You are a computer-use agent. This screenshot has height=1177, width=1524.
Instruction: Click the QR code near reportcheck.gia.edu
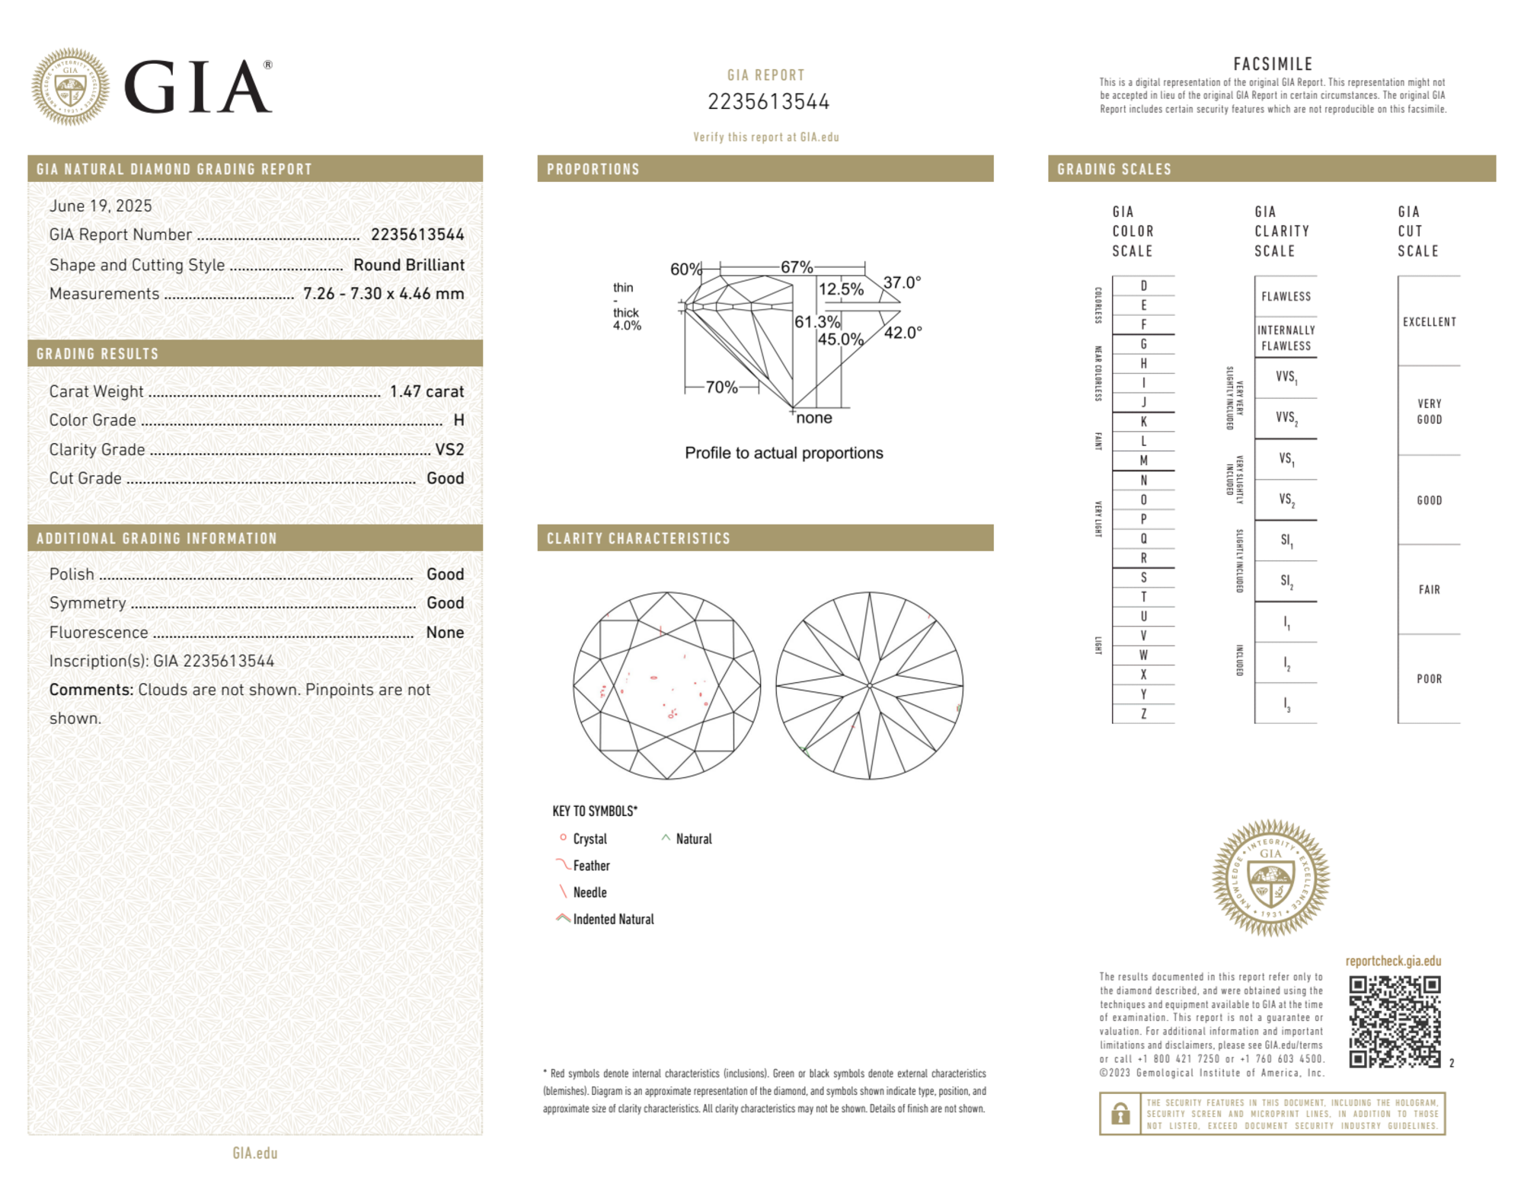(1394, 1021)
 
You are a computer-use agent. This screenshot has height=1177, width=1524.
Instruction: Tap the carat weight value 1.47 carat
(427, 391)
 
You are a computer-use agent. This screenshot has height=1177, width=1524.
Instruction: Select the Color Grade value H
(458, 420)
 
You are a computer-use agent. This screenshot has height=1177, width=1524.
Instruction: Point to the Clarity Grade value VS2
(449, 449)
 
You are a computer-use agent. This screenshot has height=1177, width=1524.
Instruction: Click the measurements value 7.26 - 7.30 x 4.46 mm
(383, 294)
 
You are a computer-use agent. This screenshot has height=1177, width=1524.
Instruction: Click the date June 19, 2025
(101, 206)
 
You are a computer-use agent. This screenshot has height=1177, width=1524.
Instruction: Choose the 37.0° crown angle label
(902, 282)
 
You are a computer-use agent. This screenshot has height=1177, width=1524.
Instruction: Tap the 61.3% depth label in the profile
(816, 322)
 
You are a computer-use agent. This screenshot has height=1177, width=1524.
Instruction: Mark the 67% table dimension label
(797, 267)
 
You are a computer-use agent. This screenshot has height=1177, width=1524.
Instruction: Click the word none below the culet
(813, 418)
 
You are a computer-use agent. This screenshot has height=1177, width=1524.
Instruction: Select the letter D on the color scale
(1143, 285)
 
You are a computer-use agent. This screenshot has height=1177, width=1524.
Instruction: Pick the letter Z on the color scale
(1143, 713)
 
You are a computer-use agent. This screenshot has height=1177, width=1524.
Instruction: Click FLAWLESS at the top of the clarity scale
(1286, 296)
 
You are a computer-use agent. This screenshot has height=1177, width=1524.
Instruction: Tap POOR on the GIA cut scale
(1429, 678)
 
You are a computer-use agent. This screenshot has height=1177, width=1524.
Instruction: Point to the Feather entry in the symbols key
(591, 866)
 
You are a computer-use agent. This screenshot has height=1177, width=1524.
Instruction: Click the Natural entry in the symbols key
(693, 839)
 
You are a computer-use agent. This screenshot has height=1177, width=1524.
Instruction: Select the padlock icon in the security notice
(1120, 1114)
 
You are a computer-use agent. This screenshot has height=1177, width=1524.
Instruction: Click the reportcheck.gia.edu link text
(1393, 961)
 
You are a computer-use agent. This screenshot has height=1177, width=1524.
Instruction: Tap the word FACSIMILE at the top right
(1273, 64)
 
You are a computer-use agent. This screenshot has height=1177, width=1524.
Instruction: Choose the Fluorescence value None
(445, 632)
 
